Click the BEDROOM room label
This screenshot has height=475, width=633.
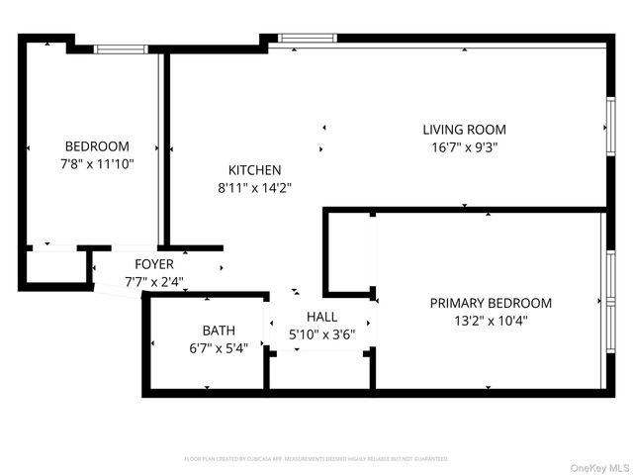pyautogui.click(x=97, y=146)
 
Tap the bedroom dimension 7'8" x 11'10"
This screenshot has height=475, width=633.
pyautogui.click(x=97, y=164)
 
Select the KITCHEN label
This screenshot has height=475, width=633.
pyautogui.click(x=254, y=170)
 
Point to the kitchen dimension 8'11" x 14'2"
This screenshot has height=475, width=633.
pyautogui.click(x=254, y=187)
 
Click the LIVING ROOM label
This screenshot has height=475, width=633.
pyautogui.click(x=464, y=130)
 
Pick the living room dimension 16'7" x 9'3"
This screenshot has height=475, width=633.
pyautogui.click(x=464, y=146)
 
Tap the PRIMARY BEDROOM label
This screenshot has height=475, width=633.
pyautogui.click(x=491, y=303)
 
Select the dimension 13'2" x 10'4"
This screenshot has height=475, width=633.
pyautogui.click(x=491, y=321)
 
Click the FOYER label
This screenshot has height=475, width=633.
pyautogui.click(x=154, y=264)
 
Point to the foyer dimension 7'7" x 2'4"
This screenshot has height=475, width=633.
pyautogui.click(x=154, y=281)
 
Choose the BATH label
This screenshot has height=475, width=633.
pyautogui.click(x=219, y=331)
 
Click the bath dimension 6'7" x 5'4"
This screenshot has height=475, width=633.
pyautogui.click(x=219, y=347)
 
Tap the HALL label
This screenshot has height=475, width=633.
pyautogui.click(x=321, y=317)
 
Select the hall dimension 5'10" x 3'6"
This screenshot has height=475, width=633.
pyautogui.click(x=321, y=334)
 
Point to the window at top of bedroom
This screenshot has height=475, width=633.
pyautogui.click(x=121, y=47)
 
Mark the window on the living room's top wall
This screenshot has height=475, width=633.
pyautogui.click(x=308, y=39)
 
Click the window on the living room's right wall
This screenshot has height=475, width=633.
pyautogui.click(x=610, y=119)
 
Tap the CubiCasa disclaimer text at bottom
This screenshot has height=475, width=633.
pyautogui.click(x=316, y=459)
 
